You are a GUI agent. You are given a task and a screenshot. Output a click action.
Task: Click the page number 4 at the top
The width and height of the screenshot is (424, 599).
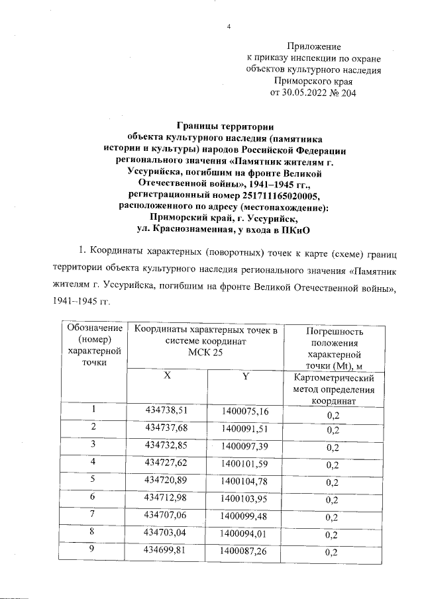[229, 27]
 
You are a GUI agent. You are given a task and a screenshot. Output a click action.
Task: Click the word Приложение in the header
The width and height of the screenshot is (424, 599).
[313, 46]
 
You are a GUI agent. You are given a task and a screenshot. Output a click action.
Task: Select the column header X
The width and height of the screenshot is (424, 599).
[167, 376]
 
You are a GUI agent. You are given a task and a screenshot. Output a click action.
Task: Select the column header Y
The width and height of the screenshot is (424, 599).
[244, 377]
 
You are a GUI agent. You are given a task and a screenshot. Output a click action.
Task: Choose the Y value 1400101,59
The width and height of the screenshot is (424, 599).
[244, 461]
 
